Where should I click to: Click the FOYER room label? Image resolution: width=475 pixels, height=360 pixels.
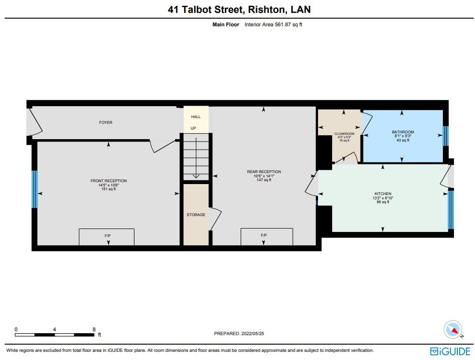pos(106,122)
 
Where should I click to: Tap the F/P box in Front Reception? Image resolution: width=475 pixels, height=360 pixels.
pos(106,236)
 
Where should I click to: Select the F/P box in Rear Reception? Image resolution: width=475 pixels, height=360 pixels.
pos(266,236)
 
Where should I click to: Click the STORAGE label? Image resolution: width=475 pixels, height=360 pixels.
pos(196,215)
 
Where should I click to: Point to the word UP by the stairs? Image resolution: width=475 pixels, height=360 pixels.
pos(193,128)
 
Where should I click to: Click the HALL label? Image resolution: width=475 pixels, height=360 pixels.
pos(196,117)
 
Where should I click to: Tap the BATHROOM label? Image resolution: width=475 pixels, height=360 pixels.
pos(402,132)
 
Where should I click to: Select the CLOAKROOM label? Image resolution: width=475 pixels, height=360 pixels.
pos(344,133)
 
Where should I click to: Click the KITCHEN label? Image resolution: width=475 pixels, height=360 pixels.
pos(383,194)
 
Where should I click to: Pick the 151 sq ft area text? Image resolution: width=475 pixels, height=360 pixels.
pos(109,189)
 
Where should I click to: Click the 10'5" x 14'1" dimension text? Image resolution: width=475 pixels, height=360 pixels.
pos(264,176)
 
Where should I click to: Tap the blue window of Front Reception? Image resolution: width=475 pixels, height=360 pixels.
pos(34,189)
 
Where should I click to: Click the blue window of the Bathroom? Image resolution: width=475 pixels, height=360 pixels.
pos(445,136)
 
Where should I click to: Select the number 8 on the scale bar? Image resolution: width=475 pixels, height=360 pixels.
pos(94,329)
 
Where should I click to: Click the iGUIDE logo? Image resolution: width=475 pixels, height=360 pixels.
pos(450,351)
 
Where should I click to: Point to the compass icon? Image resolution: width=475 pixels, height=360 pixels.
pos(453,329)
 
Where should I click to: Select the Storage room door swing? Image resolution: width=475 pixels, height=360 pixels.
pos(216,219)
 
